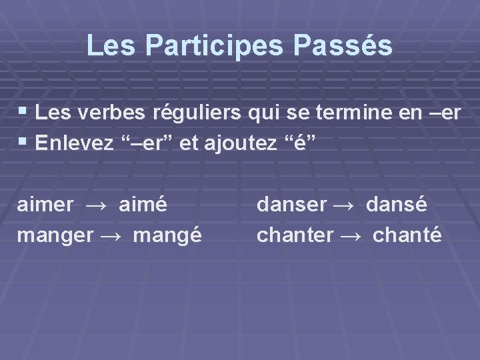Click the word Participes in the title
[x=221, y=46]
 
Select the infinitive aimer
[x=45, y=204]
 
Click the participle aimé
[x=143, y=204]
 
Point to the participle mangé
[x=167, y=235]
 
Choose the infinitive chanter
[x=295, y=235]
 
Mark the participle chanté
[x=407, y=235]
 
